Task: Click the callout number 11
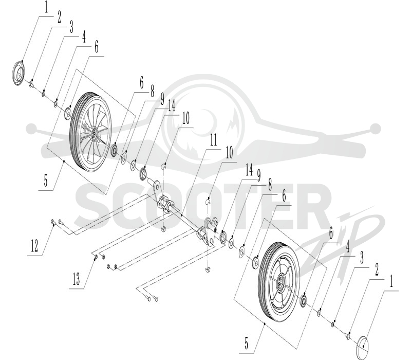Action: [x=214, y=140]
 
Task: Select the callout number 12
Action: [x=34, y=246]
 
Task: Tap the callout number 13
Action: [x=76, y=279]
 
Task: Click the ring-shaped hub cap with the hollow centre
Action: [x=19, y=73]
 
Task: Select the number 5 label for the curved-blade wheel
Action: [x=46, y=181]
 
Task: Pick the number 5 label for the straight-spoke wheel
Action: [x=246, y=344]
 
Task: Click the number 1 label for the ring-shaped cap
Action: [x=46, y=7]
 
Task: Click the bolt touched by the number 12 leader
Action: [x=53, y=223]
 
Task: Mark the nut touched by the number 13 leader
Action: [x=96, y=256]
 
